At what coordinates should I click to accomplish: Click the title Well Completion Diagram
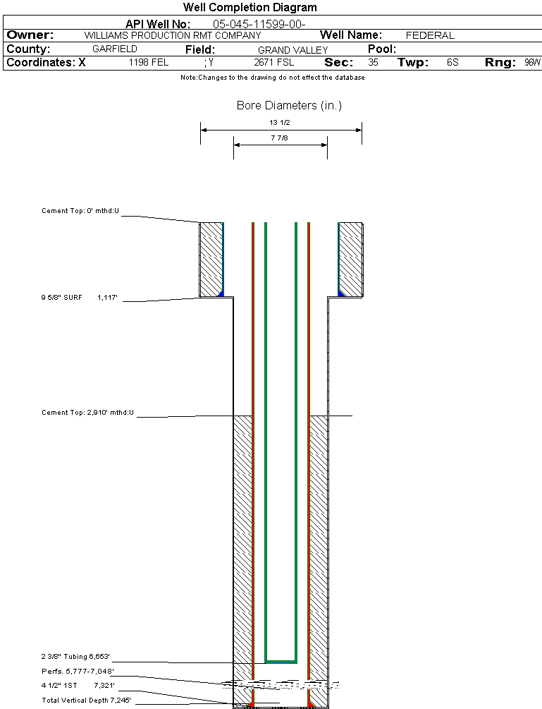pyautogui.click(x=250, y=8)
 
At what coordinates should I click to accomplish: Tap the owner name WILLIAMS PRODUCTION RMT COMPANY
pyautogui.click(x=172, y=35)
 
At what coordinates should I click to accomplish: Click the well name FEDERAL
pyautogui.click(x=430, y=35)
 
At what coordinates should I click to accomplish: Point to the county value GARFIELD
pyautogui.click(x=115, y=49)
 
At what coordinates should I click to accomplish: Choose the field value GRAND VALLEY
pyautogui.click(x=292, y=50)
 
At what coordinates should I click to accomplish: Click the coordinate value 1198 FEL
pyautogui.click(x=148, y=63)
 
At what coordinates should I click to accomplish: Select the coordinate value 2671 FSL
pyautogui.click(x=273, y=63)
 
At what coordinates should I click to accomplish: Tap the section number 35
pyautogui.click(x=373, y=63)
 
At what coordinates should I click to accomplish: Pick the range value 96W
pyautogui.click(x=532, y=63)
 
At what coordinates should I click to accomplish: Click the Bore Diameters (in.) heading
pyautogui.click(x=289, y=106)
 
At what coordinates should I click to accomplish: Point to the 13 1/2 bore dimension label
pyautogui.click(x=280, y=123)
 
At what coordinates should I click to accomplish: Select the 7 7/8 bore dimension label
pyautogui.click(x=280, y=138)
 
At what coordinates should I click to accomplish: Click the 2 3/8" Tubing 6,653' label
pyautogui.click(x=76, y=657)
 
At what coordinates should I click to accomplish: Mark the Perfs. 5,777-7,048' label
pyautogui.click(x=78, y=671)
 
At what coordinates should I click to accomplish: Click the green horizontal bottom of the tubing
pyautogui.click(x=281, y=662)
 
